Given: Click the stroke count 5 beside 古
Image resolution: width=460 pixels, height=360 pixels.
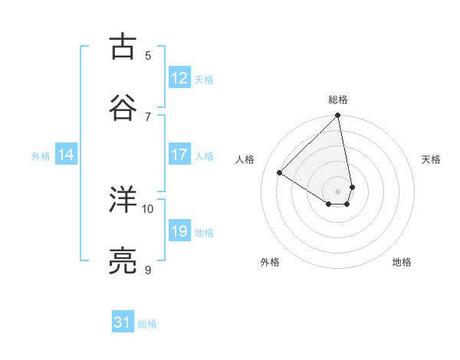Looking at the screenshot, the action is [148, 55].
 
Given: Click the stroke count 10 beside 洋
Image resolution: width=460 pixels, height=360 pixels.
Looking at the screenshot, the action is [148, 208].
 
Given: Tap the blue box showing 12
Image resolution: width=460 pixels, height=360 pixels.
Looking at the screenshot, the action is [179, 78].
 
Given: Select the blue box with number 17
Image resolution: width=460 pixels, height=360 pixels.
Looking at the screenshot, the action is [179, 155].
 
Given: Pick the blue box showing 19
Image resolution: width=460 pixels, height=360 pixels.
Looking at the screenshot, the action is [179, 231].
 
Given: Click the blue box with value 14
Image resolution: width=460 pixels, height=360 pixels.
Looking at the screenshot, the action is [66, 155].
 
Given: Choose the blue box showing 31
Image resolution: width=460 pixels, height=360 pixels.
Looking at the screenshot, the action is [123, 323].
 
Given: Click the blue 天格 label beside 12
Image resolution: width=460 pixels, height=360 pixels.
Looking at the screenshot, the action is [204, 80].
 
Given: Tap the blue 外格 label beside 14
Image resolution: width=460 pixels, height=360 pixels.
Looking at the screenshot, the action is [41, 156].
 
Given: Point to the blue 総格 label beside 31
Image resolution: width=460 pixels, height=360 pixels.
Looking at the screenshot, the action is [147, 325].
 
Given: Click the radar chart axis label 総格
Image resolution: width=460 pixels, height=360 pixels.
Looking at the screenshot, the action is [338, 100].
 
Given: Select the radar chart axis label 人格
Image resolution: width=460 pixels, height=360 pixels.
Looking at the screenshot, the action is [245, 159].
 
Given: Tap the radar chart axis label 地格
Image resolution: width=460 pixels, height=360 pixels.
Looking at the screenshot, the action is [402, 262].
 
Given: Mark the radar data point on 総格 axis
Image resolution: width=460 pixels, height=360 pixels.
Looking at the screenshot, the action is [338, 116].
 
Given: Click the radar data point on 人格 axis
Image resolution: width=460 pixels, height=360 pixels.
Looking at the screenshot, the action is [279, 173].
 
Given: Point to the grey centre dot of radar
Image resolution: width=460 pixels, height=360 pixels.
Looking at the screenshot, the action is [338, 191].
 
